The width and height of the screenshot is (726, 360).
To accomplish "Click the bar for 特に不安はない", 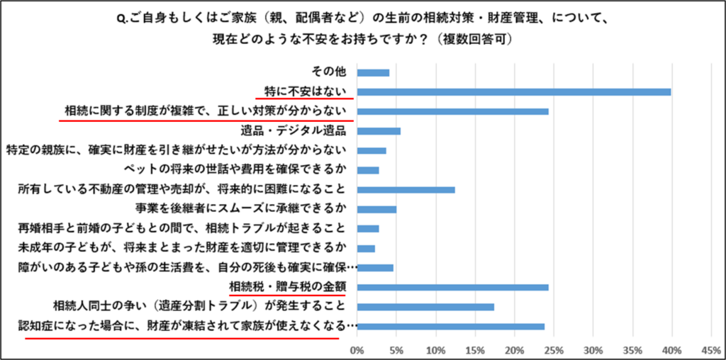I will (x=514, y=92).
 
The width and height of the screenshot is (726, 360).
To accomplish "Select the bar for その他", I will (x=374, y=72).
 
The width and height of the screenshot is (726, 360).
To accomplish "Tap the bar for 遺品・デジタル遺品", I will (x=379, y=131).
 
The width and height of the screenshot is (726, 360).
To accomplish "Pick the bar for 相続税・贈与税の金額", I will (x=453, y=287).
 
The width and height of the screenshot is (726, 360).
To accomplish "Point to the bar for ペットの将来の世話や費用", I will (x=369, y=170).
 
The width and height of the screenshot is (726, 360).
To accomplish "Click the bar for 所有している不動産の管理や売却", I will (x=406, y=190).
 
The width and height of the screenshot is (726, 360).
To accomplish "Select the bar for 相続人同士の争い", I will (x=426, y=307).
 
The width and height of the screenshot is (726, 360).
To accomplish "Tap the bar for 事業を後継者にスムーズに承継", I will (x=377, y=209).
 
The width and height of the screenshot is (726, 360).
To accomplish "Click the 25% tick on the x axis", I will (x=554, y=350).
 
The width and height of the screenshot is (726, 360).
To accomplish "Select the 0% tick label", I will (x=357, y=350).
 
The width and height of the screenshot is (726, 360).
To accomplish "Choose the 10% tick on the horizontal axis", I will (x=436, y=350).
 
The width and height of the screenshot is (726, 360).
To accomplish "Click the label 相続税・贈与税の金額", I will (x=292, y=287).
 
